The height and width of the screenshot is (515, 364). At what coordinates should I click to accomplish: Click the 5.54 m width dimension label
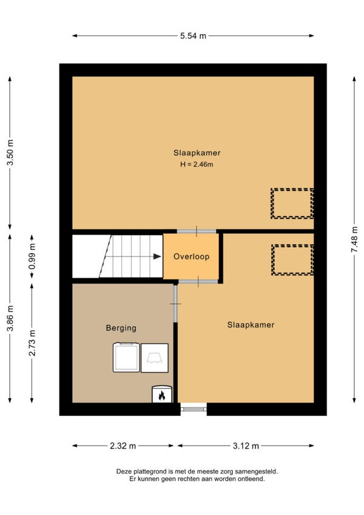coord(193,36)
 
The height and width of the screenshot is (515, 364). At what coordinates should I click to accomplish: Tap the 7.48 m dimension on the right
coord(354,239)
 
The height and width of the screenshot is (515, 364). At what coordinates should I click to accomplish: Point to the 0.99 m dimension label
coord(32,256)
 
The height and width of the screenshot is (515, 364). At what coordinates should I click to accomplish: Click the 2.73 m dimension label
coord(32,343)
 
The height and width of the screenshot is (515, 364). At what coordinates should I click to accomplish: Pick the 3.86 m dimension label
coord(10,319)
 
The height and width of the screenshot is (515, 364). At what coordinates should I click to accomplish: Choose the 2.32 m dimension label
coord(123,446)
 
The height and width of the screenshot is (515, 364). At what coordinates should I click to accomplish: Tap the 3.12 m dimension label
coord(246,446)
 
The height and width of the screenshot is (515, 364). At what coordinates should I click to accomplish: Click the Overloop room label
coord(191,256)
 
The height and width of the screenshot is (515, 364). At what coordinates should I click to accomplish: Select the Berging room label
coord(121,328)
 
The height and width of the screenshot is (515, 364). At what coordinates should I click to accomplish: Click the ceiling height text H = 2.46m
coord(197,164)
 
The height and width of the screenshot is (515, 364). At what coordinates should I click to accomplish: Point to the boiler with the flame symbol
coord(162,394)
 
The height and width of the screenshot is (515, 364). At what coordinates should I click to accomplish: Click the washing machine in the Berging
coord(126,357)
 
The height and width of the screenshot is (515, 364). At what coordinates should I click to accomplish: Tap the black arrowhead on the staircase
coord(158,256)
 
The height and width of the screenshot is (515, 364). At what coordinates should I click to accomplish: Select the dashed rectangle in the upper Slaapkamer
coord(292,203)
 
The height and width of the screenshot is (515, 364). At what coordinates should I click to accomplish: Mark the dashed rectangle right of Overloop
coord(292,260)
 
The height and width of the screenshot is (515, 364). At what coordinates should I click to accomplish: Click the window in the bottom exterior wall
coord(194,409)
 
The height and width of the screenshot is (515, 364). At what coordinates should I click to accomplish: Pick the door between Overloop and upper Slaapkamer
coord(197,231)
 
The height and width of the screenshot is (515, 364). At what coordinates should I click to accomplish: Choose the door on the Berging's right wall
coord(175,304)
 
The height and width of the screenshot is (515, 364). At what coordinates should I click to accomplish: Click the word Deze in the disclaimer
coord(123,472)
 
